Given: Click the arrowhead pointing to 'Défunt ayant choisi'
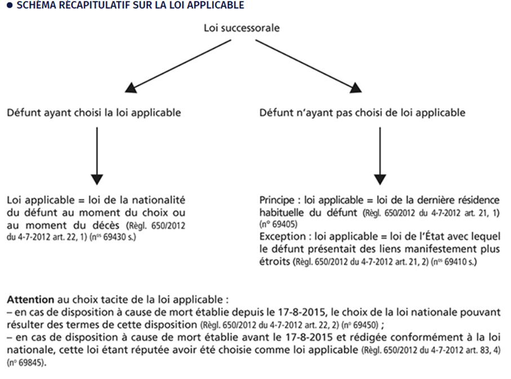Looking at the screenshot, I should click(131, 87).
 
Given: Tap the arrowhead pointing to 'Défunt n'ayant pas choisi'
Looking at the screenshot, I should click(356, 87).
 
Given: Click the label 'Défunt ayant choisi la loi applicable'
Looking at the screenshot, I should click(94, 113).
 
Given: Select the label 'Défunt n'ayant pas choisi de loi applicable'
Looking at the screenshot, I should click(362, 113).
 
